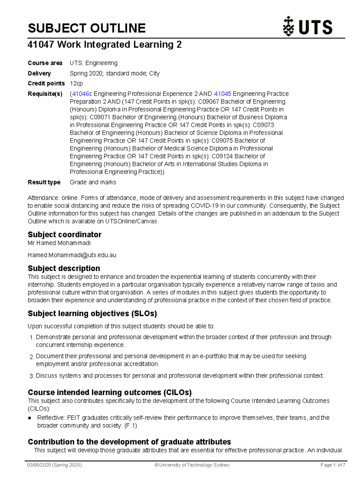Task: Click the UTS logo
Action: pos(307,27)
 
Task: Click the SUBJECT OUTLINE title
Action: pos(87,28)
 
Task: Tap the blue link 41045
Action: pos(222,94)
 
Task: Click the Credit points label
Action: pos(46,83)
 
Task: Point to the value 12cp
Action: pos(76,83)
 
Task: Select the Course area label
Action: pos(45,63)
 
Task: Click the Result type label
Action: pos(44,182)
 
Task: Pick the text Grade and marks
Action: pos(93,182)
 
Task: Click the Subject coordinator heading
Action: pos(64,235)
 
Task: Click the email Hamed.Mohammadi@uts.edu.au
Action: pos(72,255)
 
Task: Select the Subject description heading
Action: pos(64,268)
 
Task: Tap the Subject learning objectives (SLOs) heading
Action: pos(92,313)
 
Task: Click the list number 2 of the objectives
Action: pos(32,357)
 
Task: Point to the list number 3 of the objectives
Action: pos(32,376)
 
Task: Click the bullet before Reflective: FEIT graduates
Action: pos(30,418)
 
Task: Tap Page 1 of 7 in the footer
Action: pos(333,465)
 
